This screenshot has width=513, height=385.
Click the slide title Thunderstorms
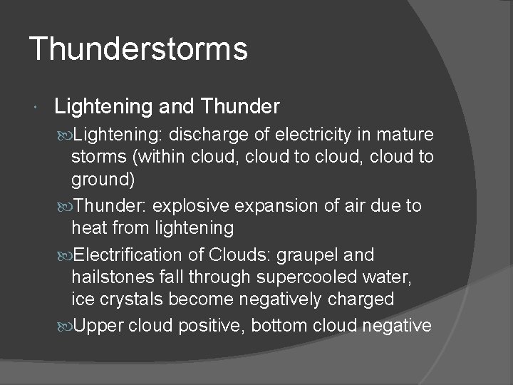click(x=138, y=50)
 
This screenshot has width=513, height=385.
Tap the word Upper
click(x=100, y=326)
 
